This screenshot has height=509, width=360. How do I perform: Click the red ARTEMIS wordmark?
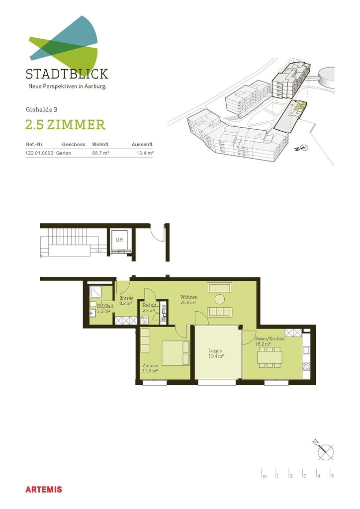tap(44, 490)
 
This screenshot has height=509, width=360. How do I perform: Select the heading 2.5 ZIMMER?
tap(65, 125)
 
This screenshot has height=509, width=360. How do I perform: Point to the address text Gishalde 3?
tap(42, 109)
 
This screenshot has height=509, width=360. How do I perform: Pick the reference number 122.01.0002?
tap(39, 153)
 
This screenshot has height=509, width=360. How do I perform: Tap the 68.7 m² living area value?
tap(100, 153)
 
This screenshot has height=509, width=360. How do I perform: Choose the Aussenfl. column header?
tap(143, 145)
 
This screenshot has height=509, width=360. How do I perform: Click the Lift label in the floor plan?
tap(119, 240)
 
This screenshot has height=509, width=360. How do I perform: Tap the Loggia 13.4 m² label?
tap(215, 353)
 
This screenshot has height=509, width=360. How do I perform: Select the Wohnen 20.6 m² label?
tap(188, 300)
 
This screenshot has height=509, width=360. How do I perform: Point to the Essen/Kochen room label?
tap(270, 339)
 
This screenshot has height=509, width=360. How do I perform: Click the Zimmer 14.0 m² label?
tap(150, 368)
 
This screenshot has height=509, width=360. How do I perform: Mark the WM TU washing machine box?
tap(144, 320)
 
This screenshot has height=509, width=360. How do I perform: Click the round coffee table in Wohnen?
tap(220, 299)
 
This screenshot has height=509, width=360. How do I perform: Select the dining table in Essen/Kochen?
tap(270, 357)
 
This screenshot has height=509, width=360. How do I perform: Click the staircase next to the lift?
tap(70, 242)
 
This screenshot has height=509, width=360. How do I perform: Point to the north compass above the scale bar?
tap(324, 450)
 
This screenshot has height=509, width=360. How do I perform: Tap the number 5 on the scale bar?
tap(333, 476)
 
